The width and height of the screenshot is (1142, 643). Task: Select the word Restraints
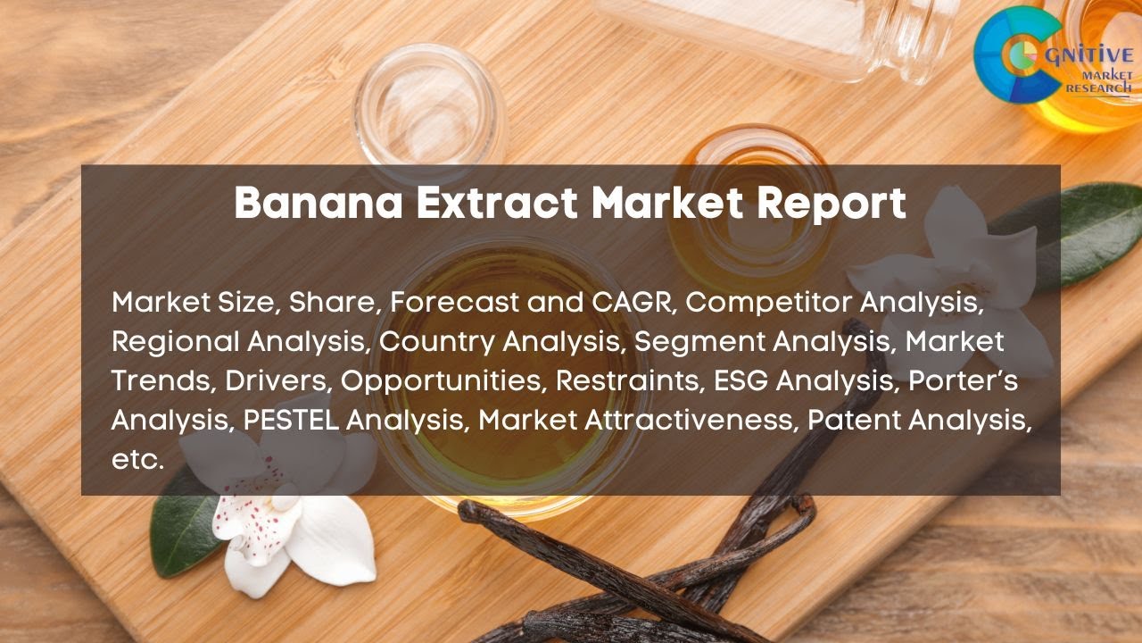coord(630,380)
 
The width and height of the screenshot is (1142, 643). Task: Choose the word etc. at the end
coord(138,459)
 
